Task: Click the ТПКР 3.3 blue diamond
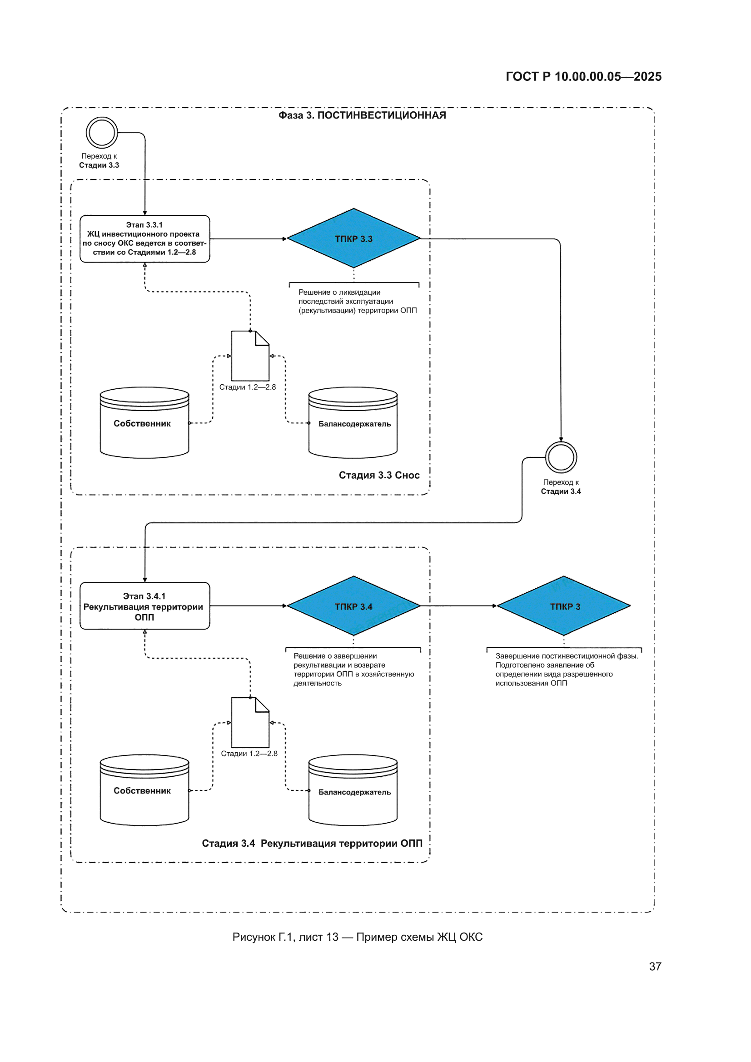pos(353,238)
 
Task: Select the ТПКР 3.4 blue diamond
pos(353,605)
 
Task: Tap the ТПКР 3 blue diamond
pos(564,605)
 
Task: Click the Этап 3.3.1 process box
pos(145,238)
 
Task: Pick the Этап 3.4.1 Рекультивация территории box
pos(145,606)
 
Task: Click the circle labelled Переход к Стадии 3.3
pos(102,118)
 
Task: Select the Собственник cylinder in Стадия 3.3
pos(144,423)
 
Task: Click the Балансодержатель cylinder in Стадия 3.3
pos(353,423)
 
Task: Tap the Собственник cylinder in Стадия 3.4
pos(144,790)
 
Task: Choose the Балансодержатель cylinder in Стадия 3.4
pos(353,790)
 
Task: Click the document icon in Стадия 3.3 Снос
pos(250,356)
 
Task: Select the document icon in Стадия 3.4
pos(250,723)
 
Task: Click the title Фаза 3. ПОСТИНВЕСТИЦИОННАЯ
pos(362,115)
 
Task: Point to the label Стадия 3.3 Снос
pos(379,475)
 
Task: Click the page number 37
pos(655,966)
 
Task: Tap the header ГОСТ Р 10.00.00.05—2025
pos(583,76)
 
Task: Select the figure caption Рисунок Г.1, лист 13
pos(285,937)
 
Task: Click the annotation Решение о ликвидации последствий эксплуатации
pos(357,301)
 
